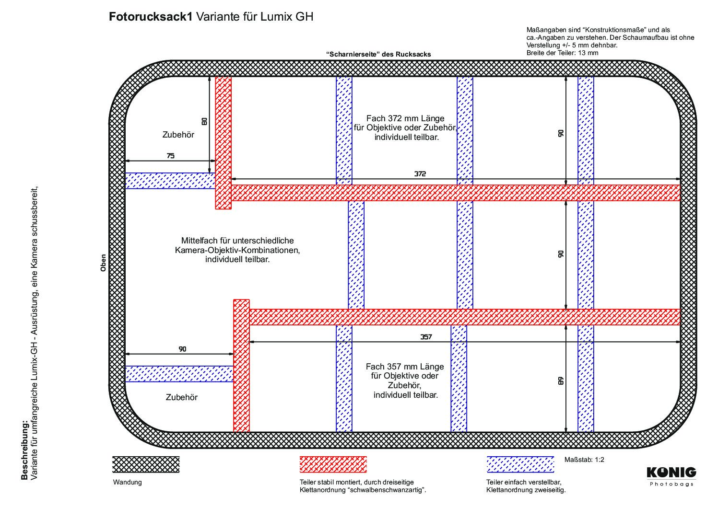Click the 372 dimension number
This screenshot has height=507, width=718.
coord(420,173)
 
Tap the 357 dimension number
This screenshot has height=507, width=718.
coord(426,336)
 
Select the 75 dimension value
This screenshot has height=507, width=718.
coord(171,156)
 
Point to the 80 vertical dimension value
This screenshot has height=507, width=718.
coord(204,121)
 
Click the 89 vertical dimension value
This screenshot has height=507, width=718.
coord(560,380)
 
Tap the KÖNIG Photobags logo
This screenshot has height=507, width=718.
coord(671,477)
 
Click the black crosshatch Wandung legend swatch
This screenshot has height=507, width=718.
coord(146,464)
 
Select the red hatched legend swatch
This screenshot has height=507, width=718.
coord(333,464)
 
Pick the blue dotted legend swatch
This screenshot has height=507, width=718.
coord(520,464)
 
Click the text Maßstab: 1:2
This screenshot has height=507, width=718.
coord(584,460)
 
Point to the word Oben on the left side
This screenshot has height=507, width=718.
coord(103,263)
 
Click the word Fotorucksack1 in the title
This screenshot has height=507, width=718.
coord(151,17)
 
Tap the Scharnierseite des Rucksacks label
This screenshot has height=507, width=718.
coord(378,54)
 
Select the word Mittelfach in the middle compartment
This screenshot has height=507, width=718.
coord(199,240)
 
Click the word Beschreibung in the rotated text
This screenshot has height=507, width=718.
coord(24,450)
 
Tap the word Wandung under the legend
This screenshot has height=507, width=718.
coord(127,482)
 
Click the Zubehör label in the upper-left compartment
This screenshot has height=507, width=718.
coord(178,135)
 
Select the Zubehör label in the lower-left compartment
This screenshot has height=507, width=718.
coord(181,397)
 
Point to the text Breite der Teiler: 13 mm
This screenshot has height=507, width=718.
coord(562,53)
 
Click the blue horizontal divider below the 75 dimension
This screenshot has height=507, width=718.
coord(170,181)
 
